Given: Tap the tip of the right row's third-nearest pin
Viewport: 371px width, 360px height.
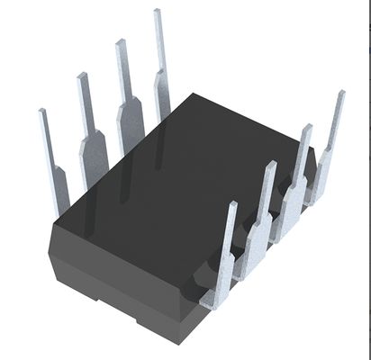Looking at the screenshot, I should pyautogui.click(x=304, y=140).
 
